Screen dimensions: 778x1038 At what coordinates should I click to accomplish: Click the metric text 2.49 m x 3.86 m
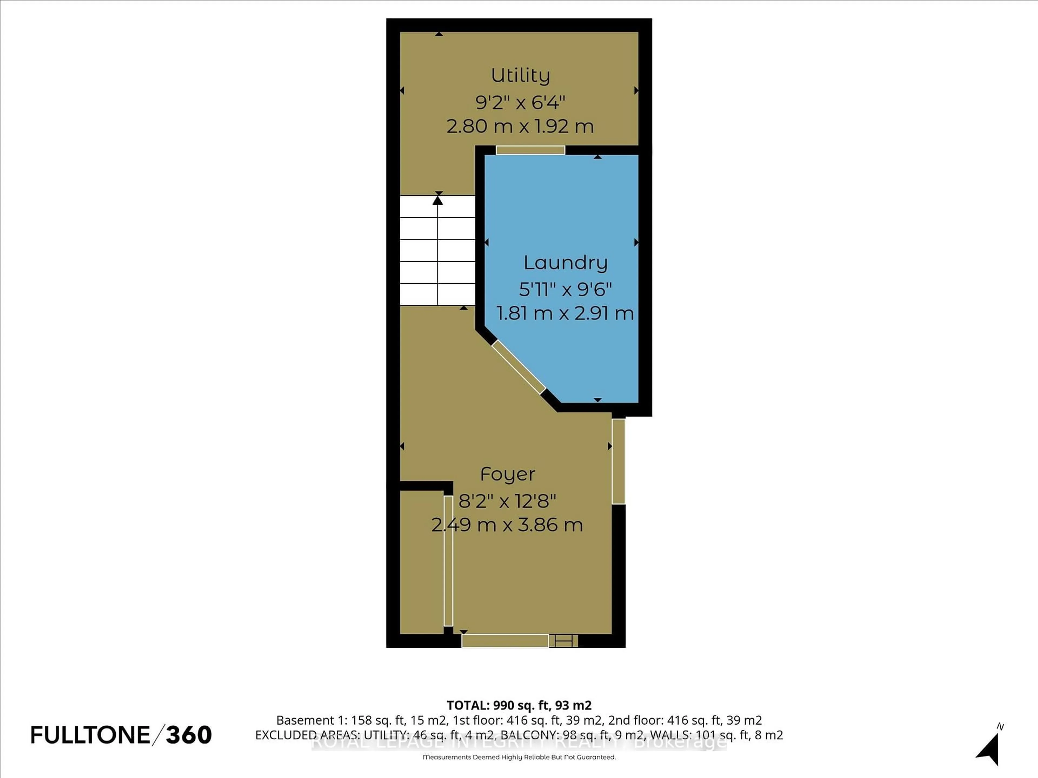(507, 525)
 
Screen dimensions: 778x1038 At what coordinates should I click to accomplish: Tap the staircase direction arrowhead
(438, 200)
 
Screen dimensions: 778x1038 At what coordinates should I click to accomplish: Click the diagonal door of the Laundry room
(518, 367)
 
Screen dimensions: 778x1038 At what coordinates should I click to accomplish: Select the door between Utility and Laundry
(530, 150)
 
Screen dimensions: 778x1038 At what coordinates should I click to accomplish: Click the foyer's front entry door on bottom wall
(505, 640)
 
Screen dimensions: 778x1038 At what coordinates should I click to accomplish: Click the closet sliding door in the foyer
(448, 561)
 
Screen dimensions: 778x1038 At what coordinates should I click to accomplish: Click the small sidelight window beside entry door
(563, 640)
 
